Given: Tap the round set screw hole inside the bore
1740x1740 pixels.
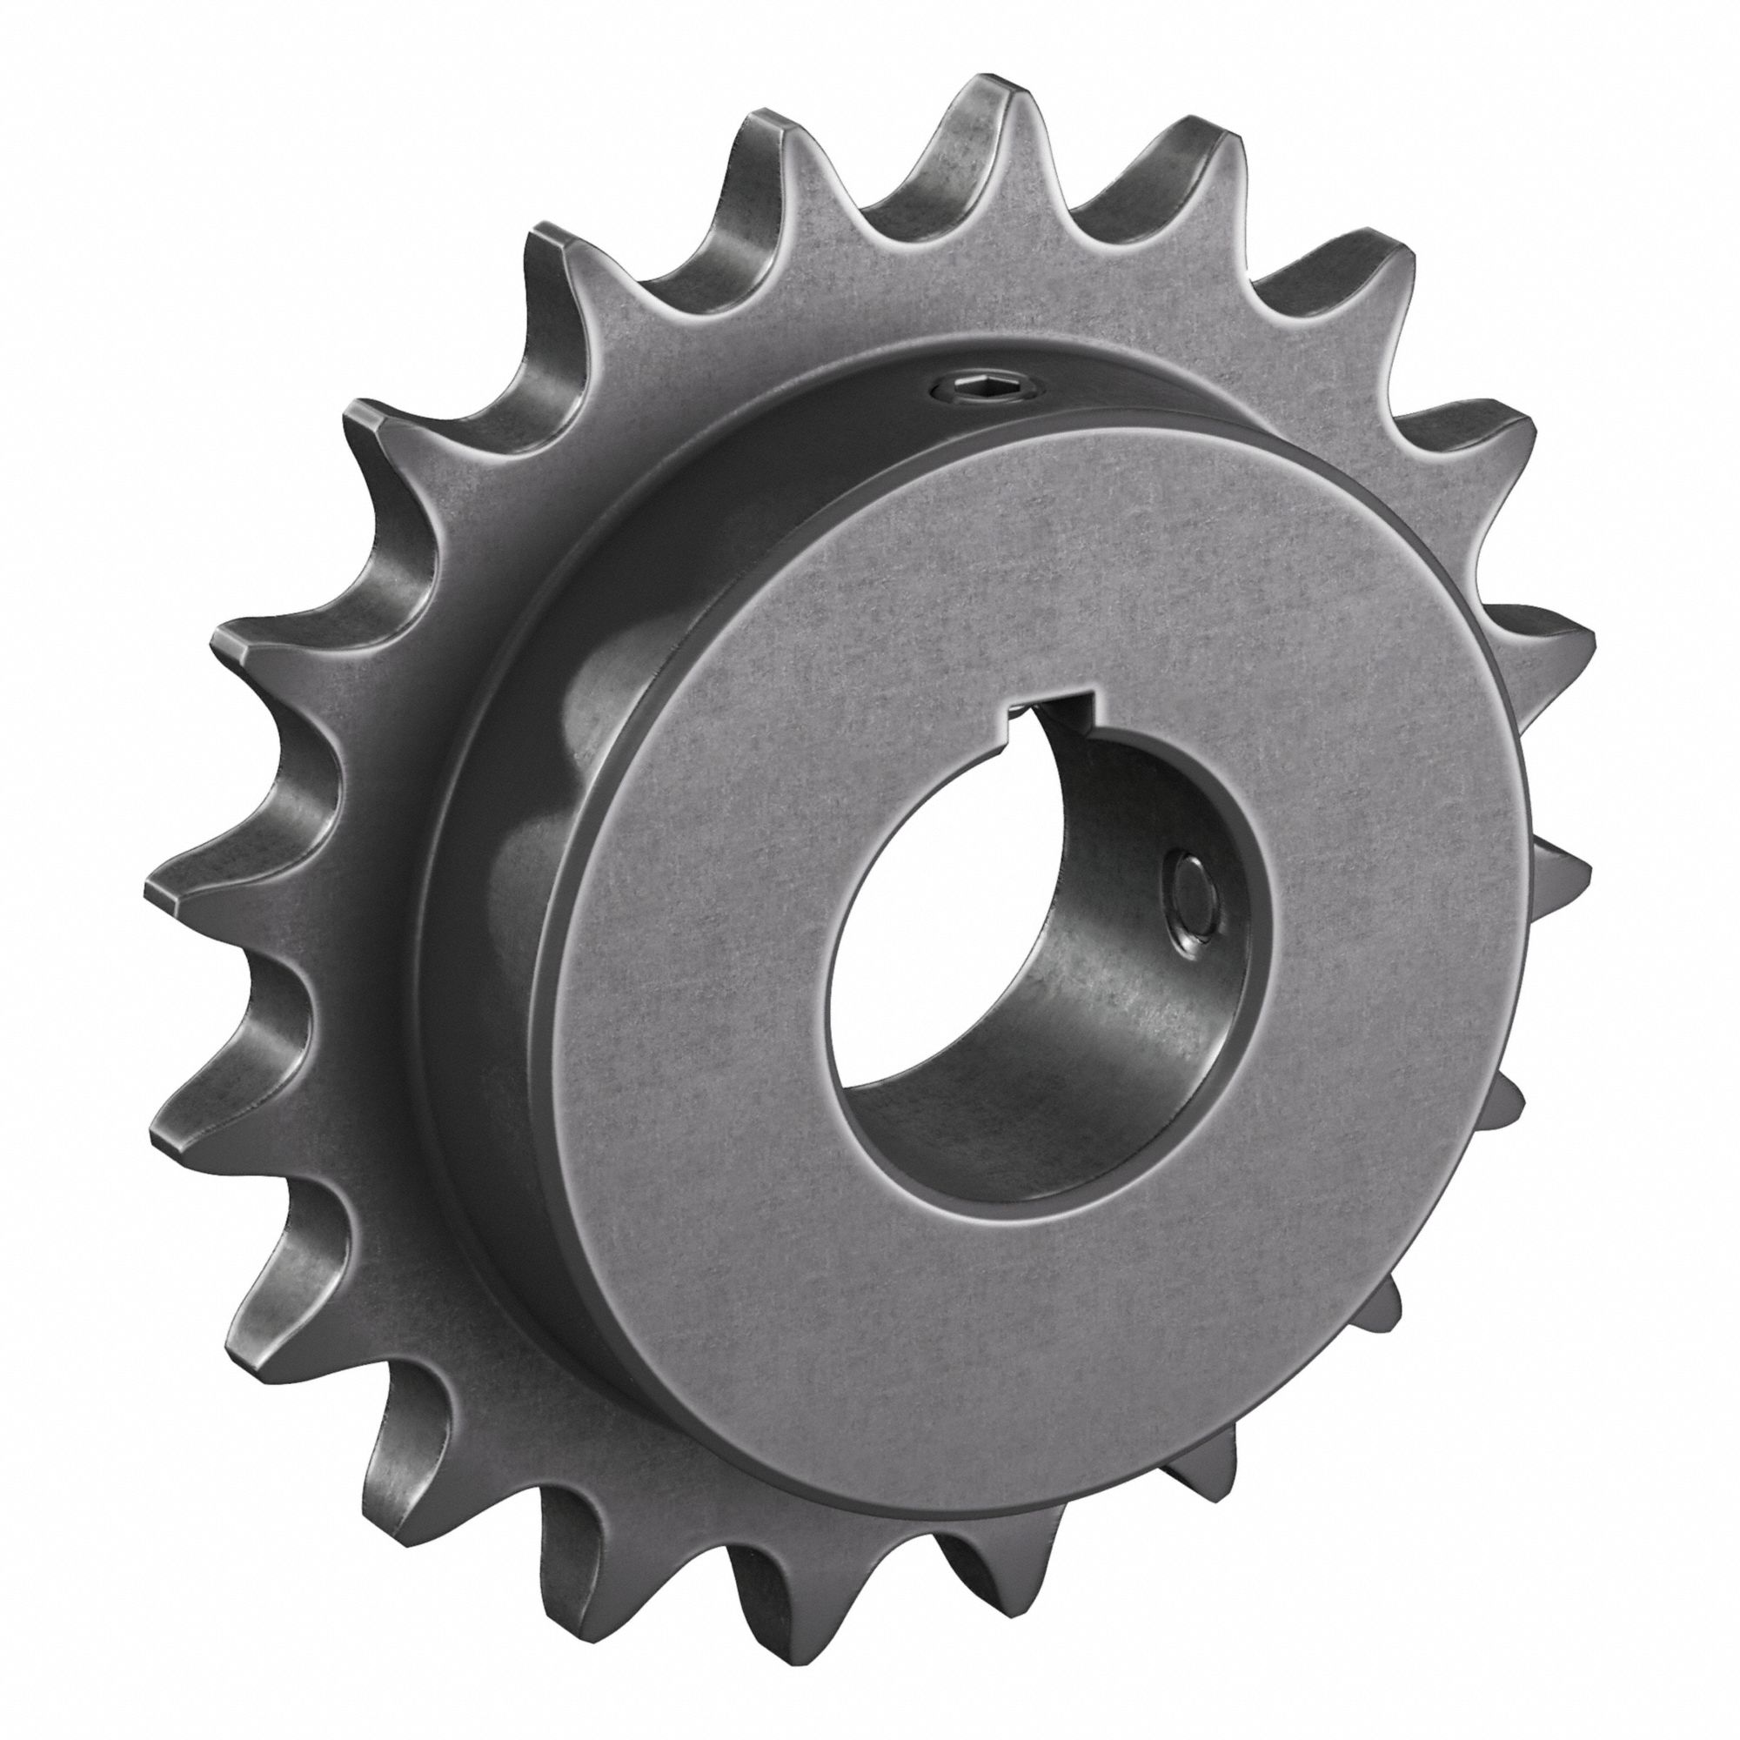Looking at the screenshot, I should click(x=1191, y=910).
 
